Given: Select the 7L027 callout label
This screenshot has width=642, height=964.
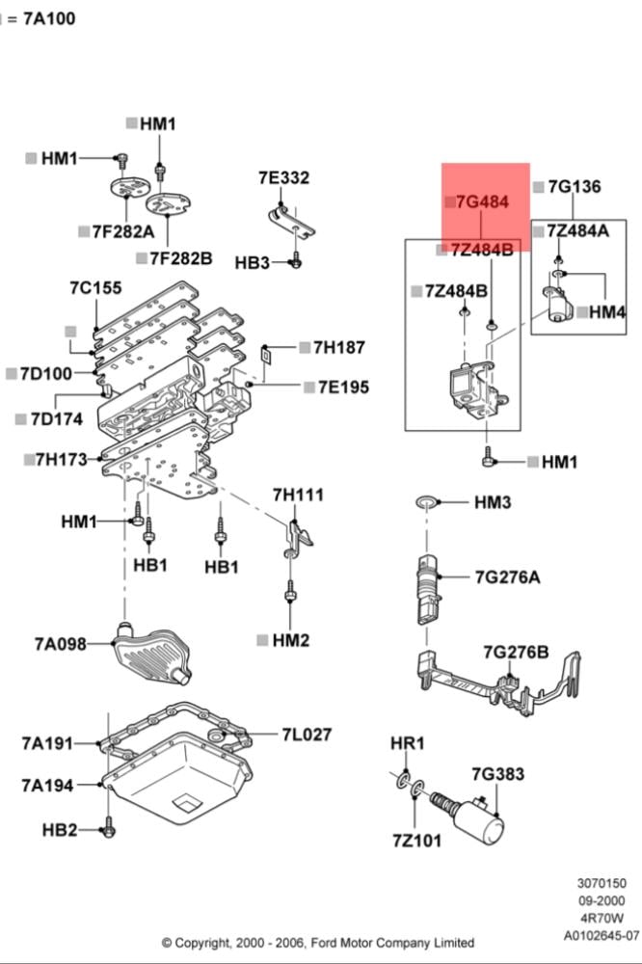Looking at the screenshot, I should coord(307,735).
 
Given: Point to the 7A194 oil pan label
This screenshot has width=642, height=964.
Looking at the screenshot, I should coord(47,786).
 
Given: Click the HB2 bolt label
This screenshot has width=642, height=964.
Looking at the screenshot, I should coord(59,829).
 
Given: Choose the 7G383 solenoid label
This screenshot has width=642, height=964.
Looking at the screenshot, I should coord(497,773).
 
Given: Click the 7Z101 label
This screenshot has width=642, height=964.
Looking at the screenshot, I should coord(416,841).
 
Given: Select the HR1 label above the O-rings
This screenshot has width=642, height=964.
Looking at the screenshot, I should coord(407,743).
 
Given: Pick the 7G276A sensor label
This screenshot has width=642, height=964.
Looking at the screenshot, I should coord(507,577).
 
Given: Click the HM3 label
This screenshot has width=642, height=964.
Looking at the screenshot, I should coord(493,502).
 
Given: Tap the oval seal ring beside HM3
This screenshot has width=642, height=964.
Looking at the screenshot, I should coord(425,502).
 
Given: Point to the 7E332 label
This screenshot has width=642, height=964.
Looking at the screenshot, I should coord(283,177).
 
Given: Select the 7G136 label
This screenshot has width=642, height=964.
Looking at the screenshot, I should coord(575,186).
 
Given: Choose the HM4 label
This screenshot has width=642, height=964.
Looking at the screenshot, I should coord(607,311).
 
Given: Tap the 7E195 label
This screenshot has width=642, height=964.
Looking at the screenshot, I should coord(336,387).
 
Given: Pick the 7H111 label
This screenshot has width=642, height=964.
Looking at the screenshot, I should coord(298,495).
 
